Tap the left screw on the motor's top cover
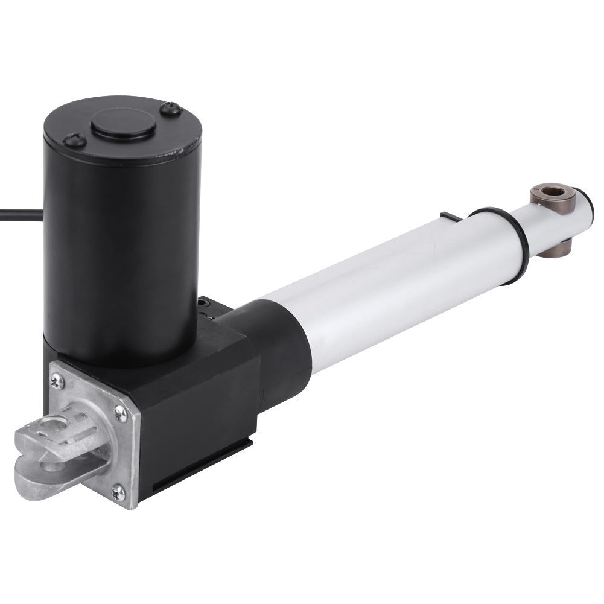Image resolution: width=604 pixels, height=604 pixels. [74, 141]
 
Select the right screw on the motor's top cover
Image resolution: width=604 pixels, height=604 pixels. [171, 109]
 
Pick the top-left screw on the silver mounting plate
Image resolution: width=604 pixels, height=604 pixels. [57, 380]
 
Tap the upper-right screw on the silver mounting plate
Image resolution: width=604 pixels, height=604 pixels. [121, 413]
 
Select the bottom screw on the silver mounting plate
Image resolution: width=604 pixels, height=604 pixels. [118, 492]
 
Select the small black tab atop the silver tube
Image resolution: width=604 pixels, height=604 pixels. [451, 216]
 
